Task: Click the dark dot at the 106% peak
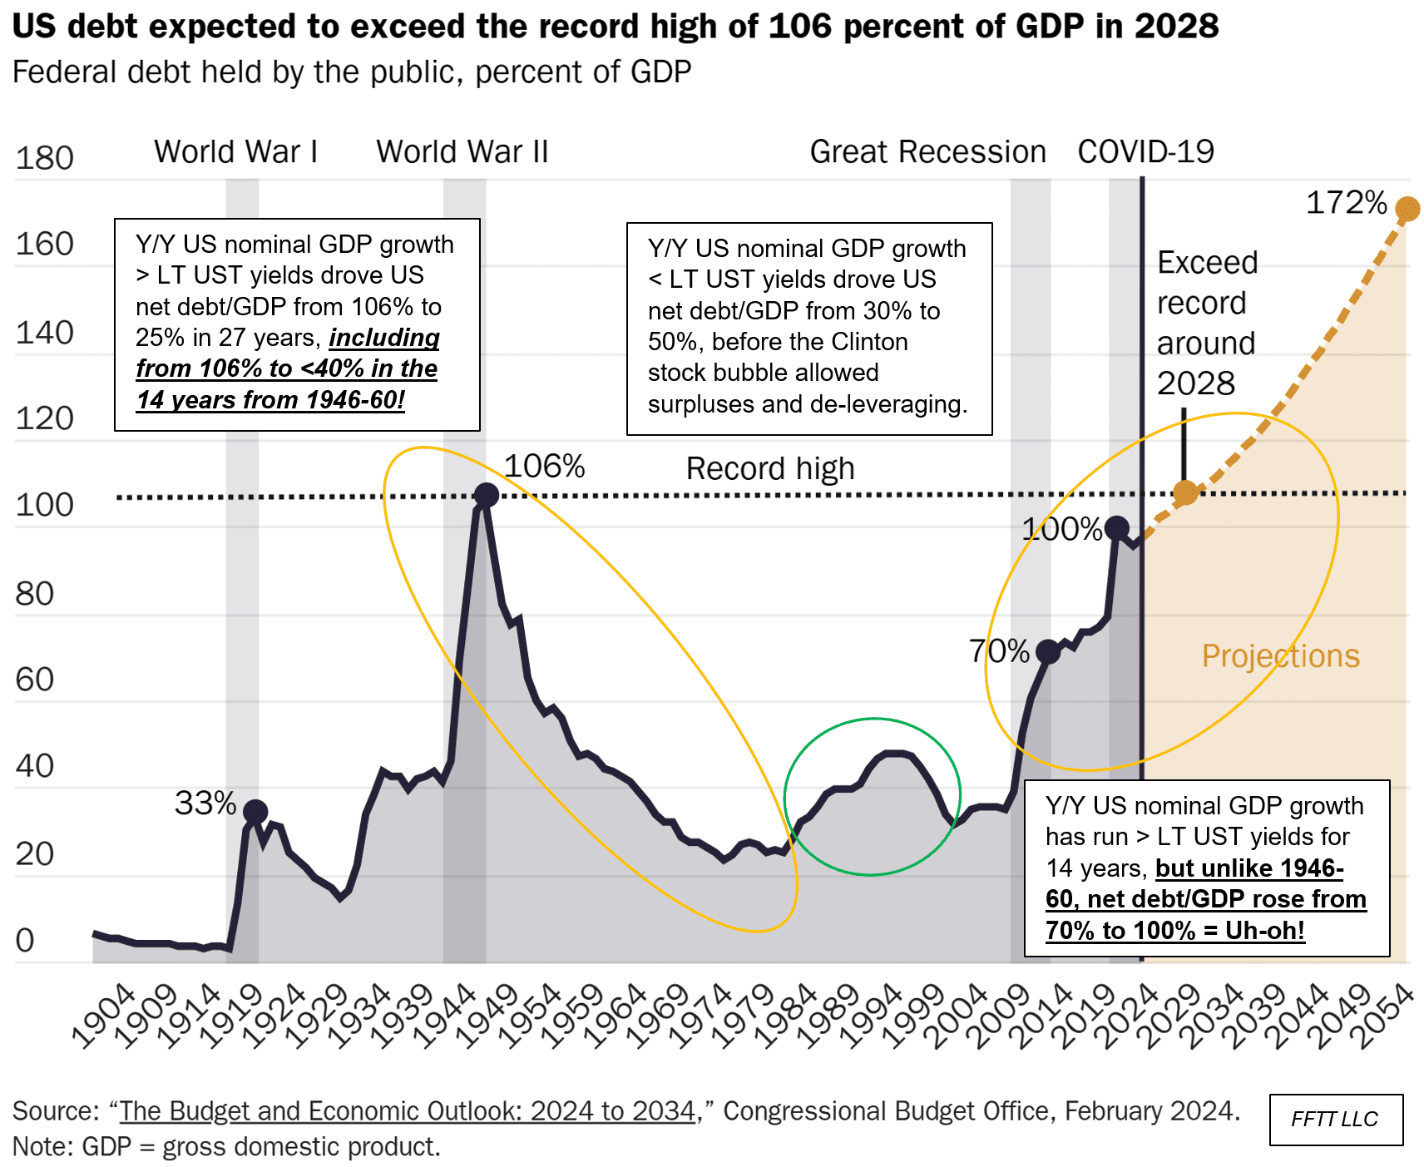click(x=486, y=496)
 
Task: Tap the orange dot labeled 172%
click(x=1407, y=209)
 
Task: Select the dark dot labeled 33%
click(x=255, y=812)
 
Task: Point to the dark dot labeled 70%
click(x=1048, y=652)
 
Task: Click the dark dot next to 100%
click(x=1116, y=528)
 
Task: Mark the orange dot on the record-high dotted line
click(x=1185, y=492)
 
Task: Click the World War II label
click(x=462, y=152)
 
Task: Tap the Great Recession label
click(x=927, y=152)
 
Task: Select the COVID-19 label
click(x=1145, y=152)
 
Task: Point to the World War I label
click(x=236, y=152)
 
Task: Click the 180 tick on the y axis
click(x=45, y=158)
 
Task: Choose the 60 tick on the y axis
click(x=35, y=680)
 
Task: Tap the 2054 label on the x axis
click(x=1381, y=1016)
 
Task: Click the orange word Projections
click(x=1280, y=656)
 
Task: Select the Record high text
click(x=770, y=469)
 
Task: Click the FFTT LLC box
click(x=1335, y=1120)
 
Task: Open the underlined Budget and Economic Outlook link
click(x=408, y=1111)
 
